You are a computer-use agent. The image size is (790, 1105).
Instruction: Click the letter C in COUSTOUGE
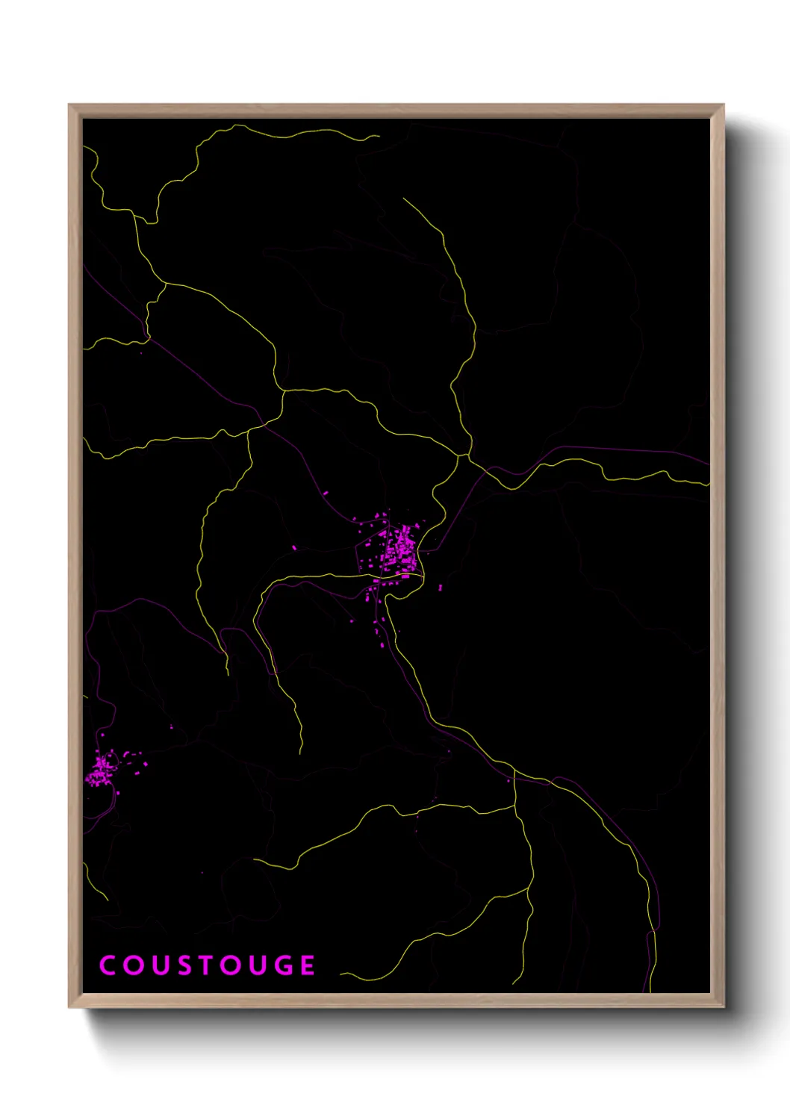click(x=108, y=965)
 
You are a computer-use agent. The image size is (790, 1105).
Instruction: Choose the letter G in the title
click(x=282, y=965)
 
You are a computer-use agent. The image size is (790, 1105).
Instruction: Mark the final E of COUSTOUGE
click(x=308, y=965)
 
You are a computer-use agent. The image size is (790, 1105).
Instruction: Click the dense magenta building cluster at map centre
click(x=396, y=549)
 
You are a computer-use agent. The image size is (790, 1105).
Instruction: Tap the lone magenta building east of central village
click(x=440, y=588)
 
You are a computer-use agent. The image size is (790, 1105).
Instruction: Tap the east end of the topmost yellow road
click(x=378, y=137)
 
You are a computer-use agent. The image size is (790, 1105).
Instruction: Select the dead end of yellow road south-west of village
click(x=301, y=752)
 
